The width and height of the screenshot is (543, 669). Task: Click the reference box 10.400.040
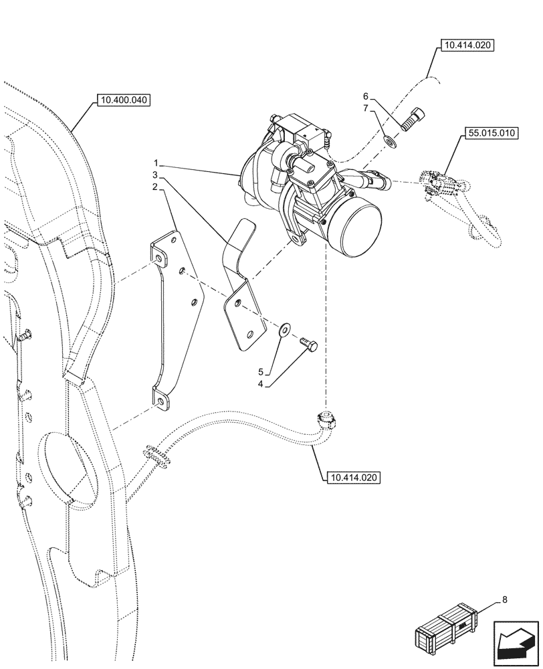click(124, 101)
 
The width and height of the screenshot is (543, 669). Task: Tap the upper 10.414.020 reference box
click(466, 46)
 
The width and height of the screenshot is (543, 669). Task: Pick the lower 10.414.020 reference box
click(354, 478)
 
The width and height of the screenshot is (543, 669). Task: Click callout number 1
click(155, 163)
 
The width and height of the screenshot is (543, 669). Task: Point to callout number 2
click(155, 188)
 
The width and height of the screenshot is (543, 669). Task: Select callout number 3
click(155, 175)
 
